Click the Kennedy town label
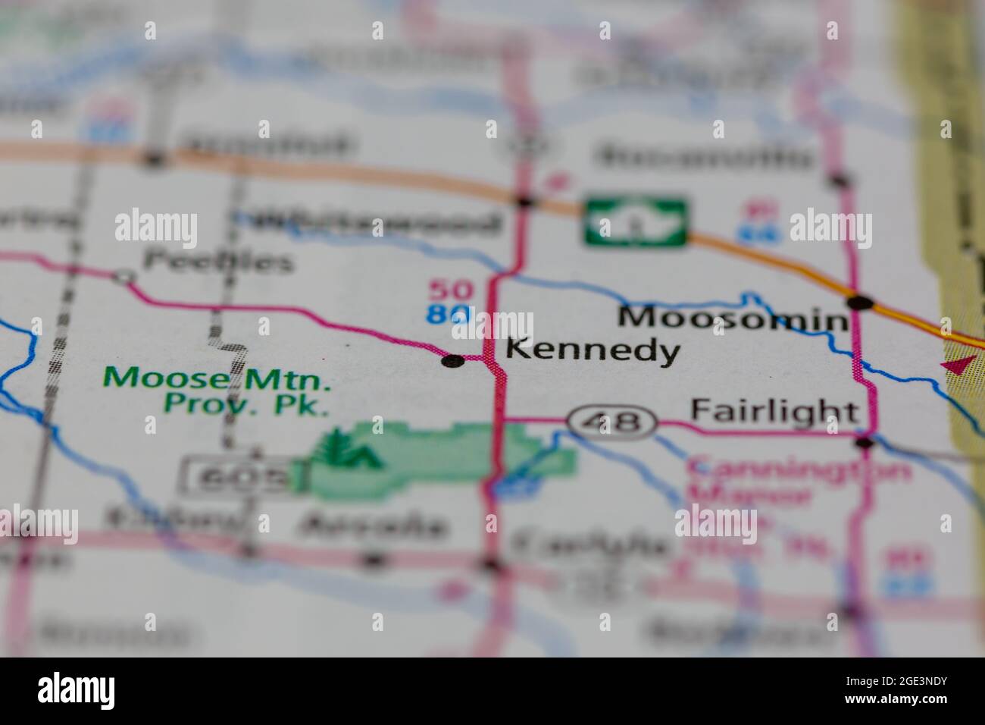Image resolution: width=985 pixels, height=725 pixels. click(x=592, y=350)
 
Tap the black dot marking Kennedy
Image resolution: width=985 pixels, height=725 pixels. click(x=453, y=361)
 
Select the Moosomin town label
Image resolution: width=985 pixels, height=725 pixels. click(x=732, y=319)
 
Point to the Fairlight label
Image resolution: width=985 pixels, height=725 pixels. click(x=774, y=412)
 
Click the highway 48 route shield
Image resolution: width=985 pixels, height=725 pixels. click(x=611, y=421)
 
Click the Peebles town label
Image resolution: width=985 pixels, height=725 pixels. click(x=218, y=262)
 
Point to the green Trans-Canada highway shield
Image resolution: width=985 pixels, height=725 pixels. click(x=636, y=221)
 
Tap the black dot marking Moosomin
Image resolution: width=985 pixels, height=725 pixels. click(x=860, y=303)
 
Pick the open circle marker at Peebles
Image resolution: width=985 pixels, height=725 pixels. click(x=124, y=278)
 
